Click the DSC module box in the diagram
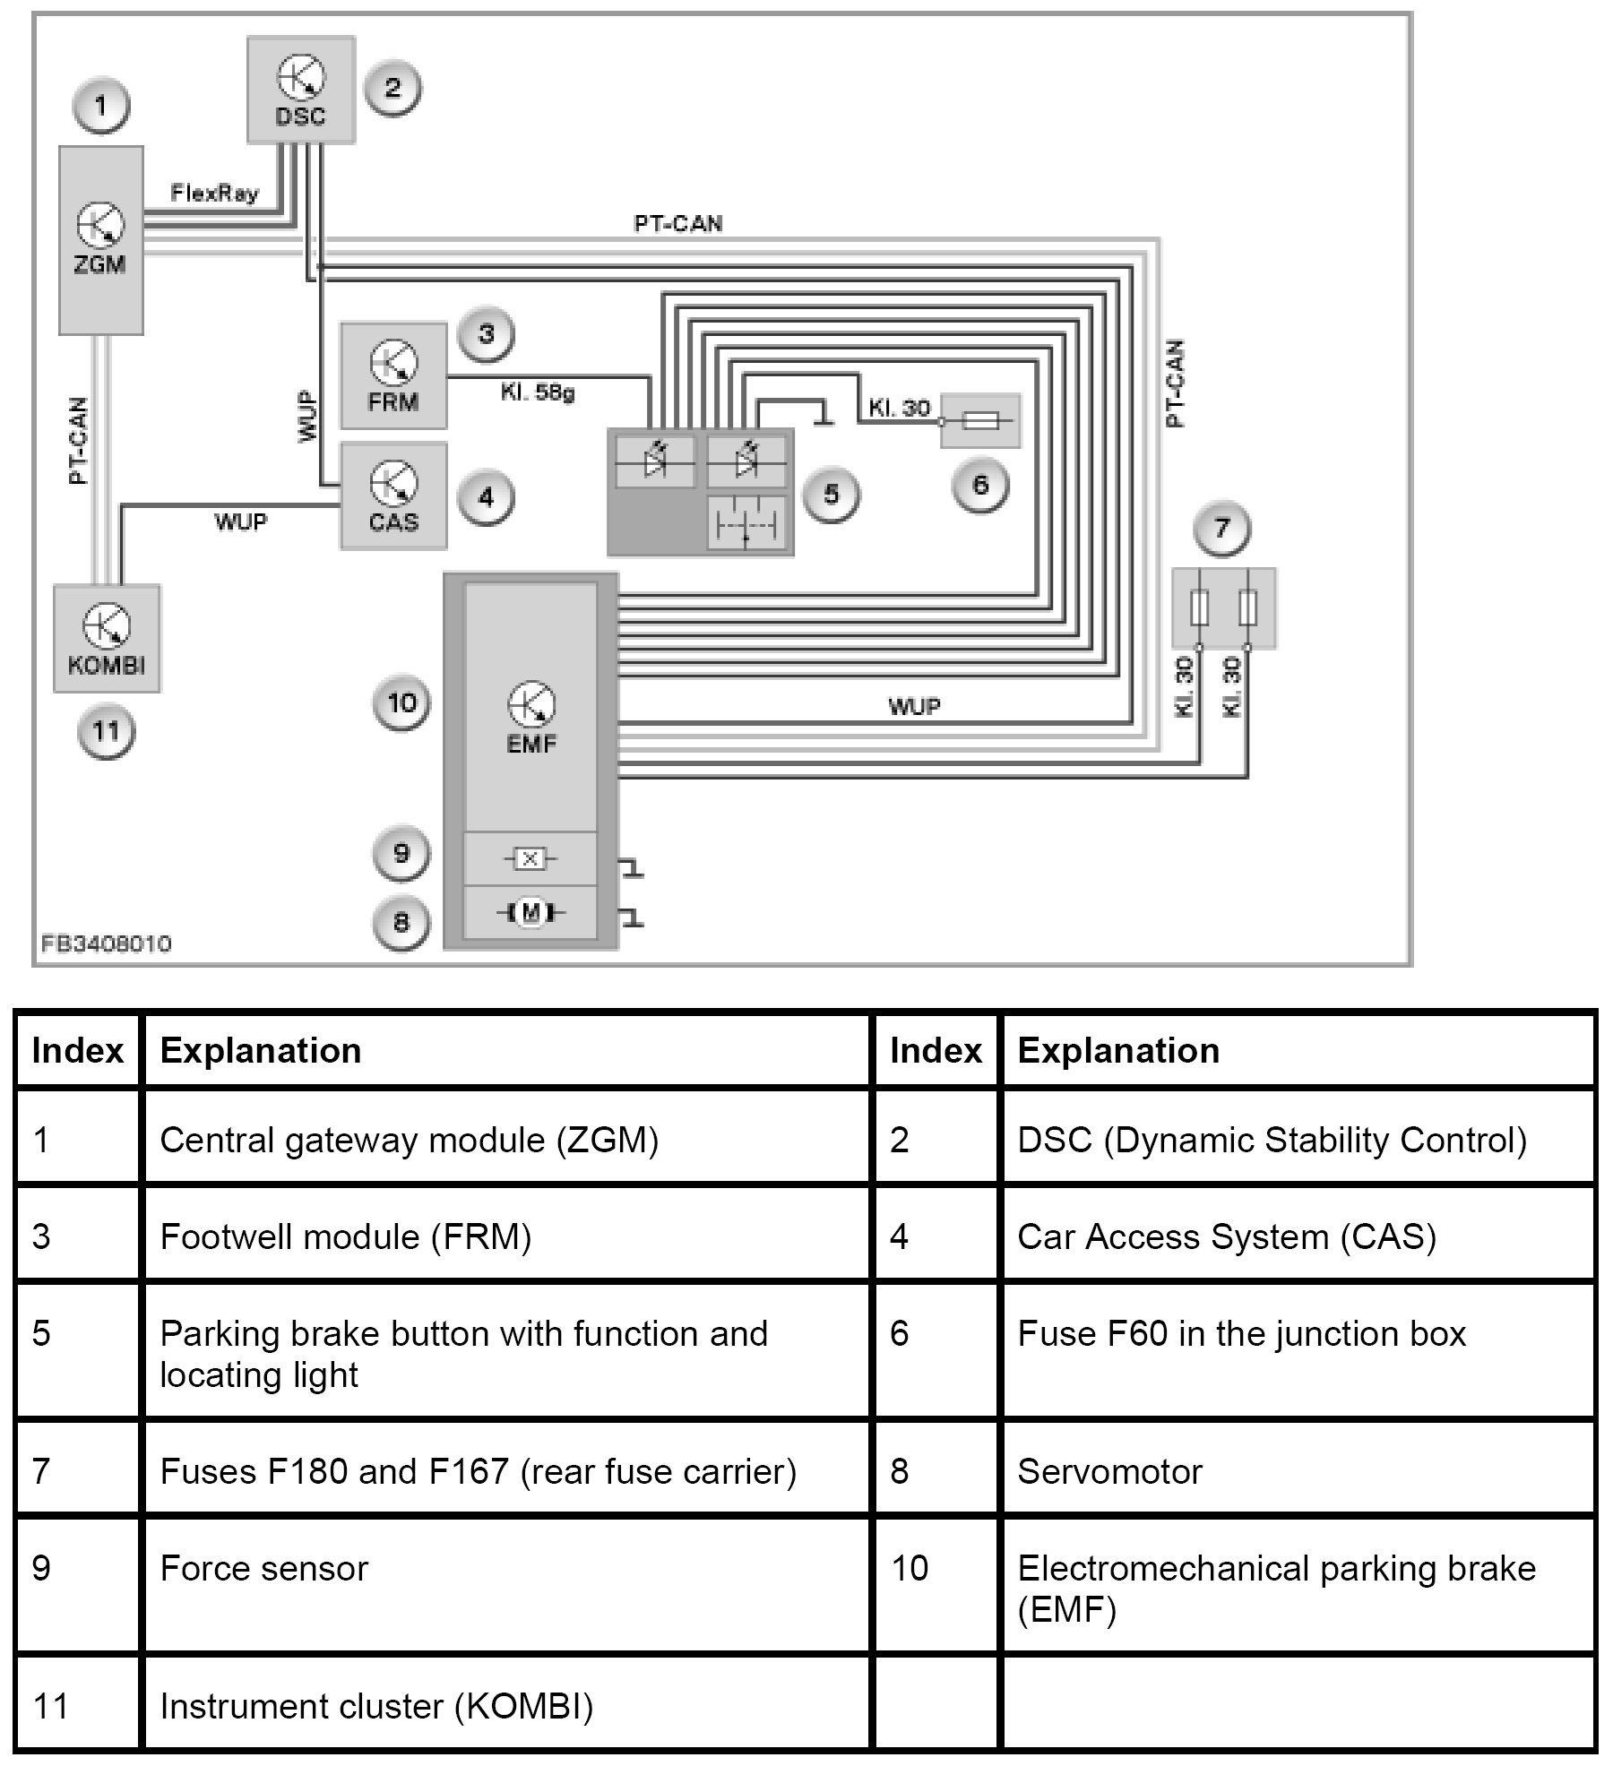point(301,90)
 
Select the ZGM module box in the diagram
point(100,240)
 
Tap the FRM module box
point(393,375)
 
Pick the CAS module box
point(393,495)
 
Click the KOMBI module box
point(107,638)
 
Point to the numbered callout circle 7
point(1221,529)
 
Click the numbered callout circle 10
point(401,703)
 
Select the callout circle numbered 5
point(831,495)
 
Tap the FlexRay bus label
point(214,193)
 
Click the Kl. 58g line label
point(538,392)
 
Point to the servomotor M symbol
point(530,913)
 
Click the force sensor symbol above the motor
point(530,859)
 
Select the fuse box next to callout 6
point(980,420)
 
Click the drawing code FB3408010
point(106,943)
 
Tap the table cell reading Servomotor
point(1109,1472)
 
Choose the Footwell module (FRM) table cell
point(346,1237)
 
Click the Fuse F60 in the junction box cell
point(1241,1334)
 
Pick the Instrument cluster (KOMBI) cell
point(376,1707)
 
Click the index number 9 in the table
point(42,1569)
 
